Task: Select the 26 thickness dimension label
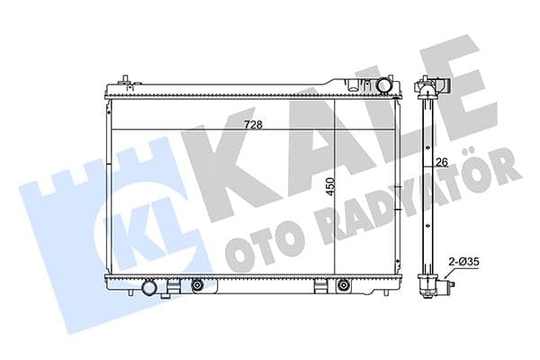pos(441,162)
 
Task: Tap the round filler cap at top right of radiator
pos(385,85)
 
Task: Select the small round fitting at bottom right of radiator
pos(342,286)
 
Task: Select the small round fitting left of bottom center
pos(197,286)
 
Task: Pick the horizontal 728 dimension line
pos(180,131)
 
